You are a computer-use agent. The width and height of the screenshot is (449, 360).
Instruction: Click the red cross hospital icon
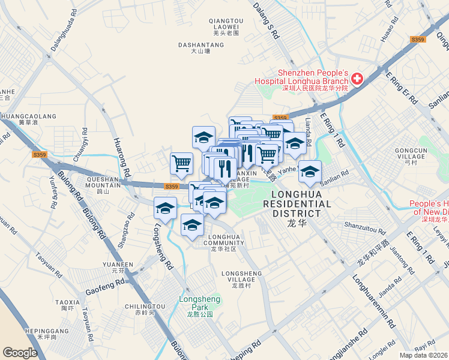[x=357, y=79]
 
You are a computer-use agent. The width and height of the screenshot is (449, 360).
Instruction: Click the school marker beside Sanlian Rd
[x=310, y=172]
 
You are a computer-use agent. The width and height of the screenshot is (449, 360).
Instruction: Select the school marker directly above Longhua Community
[x=192, y=226]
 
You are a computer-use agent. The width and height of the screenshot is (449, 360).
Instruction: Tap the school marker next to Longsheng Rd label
[x=165, y=208]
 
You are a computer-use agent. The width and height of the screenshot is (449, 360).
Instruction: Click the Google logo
[x=20, y=352]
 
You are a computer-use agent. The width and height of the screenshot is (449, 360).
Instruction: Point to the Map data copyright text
[x=423, y=355]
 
